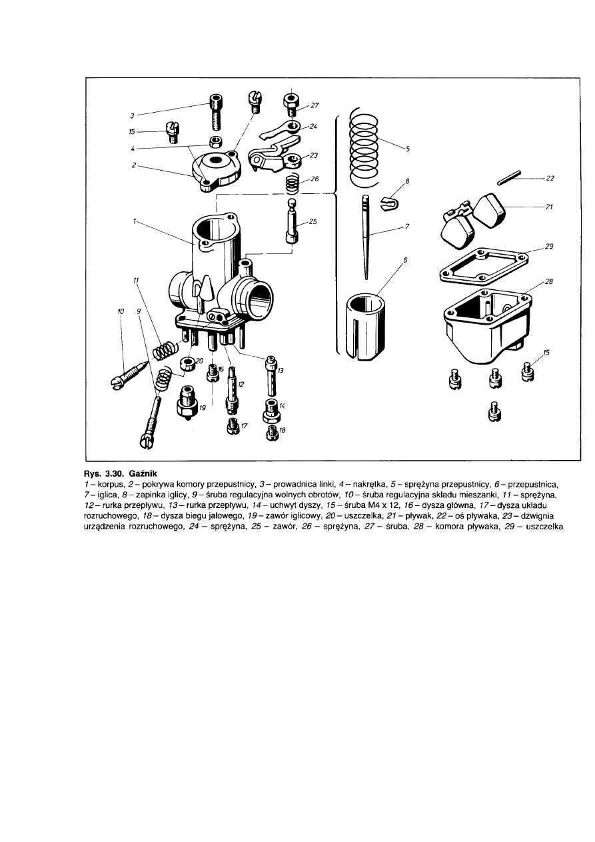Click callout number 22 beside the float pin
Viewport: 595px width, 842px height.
tap(550, 178)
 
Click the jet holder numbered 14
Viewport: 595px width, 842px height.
tap(271, 409)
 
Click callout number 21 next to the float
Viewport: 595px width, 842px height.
tap(549, 207)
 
